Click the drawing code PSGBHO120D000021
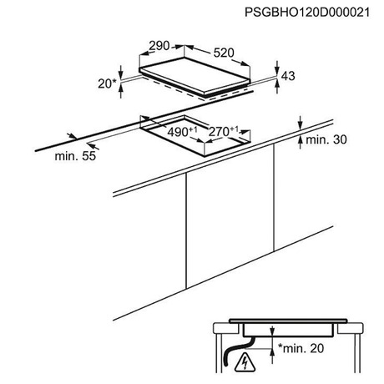coord(307,13)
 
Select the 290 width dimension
coord(159,46)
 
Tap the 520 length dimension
coord(224,53)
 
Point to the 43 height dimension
coord(288,76)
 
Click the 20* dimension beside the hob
coord(107,83)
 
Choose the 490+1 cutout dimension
coord(182,132)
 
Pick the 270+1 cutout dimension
coord(224,131)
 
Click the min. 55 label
coord(75,156)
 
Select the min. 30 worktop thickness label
coord(326,139)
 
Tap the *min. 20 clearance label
coord(301,348)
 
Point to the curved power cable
coord(237,351)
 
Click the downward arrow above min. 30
coord(300,123)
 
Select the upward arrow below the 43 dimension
coord(277,86)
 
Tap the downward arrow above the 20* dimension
coord(121,72)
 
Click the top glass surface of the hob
coord(195,75)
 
